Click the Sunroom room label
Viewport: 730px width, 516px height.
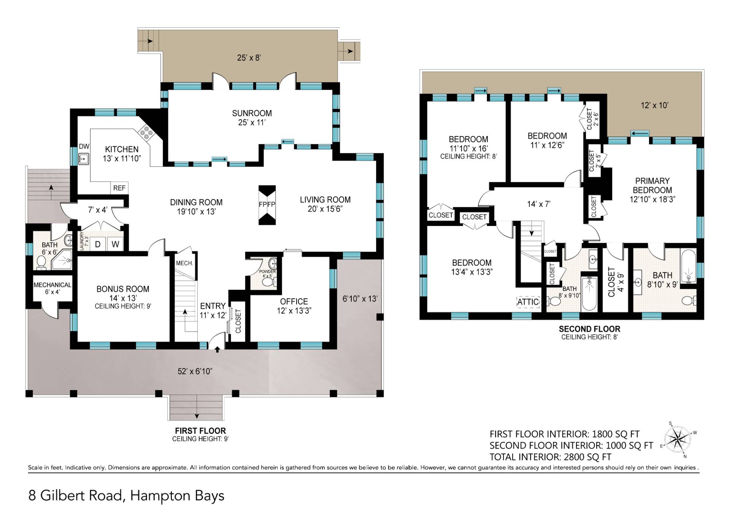(252, 113)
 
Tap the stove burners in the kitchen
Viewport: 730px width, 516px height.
(146, 132)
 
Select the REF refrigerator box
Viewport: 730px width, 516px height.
(119, 188)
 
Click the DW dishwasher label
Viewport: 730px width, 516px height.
(84, 146)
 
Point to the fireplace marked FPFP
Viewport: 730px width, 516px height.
(267, 205)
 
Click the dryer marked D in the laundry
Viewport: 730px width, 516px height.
(98, 244)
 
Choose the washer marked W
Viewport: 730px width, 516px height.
(115, 244)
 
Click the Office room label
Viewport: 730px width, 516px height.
(294, 302)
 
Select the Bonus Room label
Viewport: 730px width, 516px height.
(123, 289)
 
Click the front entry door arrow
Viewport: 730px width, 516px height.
(217, 349)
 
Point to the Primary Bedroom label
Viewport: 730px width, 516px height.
(652, 186)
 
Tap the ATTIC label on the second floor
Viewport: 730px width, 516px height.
(528, 302)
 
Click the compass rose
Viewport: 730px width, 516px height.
(678, 439)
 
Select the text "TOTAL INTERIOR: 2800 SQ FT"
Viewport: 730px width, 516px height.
(550, 457)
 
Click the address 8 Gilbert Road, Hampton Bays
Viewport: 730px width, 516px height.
(126, 496)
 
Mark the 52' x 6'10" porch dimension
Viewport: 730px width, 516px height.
(195, 372)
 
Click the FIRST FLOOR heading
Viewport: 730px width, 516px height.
(200, 431)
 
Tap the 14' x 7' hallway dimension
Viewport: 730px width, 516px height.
(539, 204)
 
